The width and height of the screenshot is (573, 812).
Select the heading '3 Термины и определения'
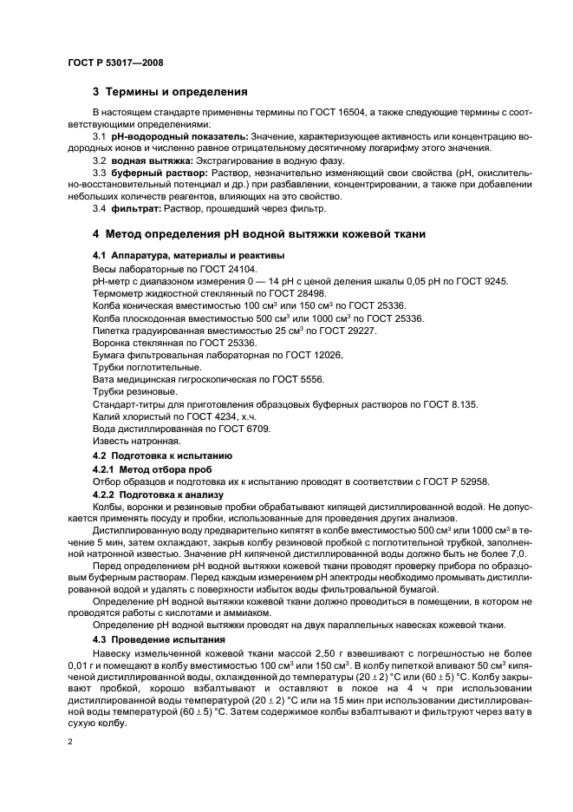coord(170,92)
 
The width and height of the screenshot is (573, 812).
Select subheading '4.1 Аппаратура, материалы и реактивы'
coord(188,256)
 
